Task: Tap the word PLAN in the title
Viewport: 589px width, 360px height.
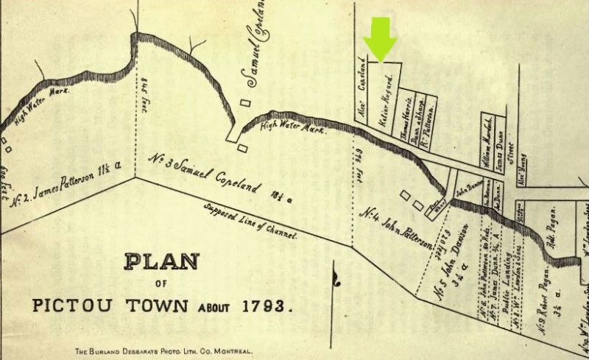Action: click(161, 262)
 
